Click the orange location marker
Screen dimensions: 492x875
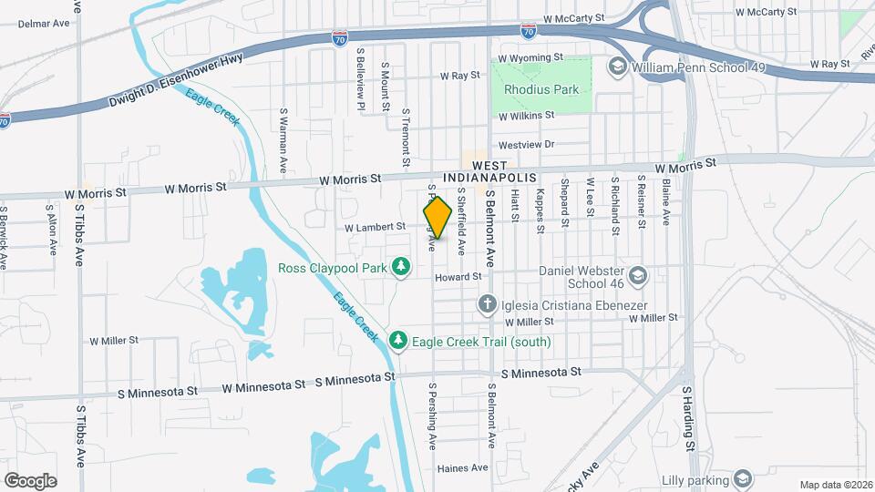pos(437,219)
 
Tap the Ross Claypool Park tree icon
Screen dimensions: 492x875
pos(399,266)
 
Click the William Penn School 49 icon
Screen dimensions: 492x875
pos(617,67)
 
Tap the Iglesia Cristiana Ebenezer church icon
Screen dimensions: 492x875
pos(488,304)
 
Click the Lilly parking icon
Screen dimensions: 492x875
pos(743,478)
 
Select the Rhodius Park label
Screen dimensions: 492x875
pos(541,90)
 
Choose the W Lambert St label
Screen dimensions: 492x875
pos(375,226)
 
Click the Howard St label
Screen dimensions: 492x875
pos(458,276)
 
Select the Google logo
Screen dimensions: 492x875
pos(30,480)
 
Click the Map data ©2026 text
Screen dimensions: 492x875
pos(835,485)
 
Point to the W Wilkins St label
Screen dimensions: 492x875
pos(527,116)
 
